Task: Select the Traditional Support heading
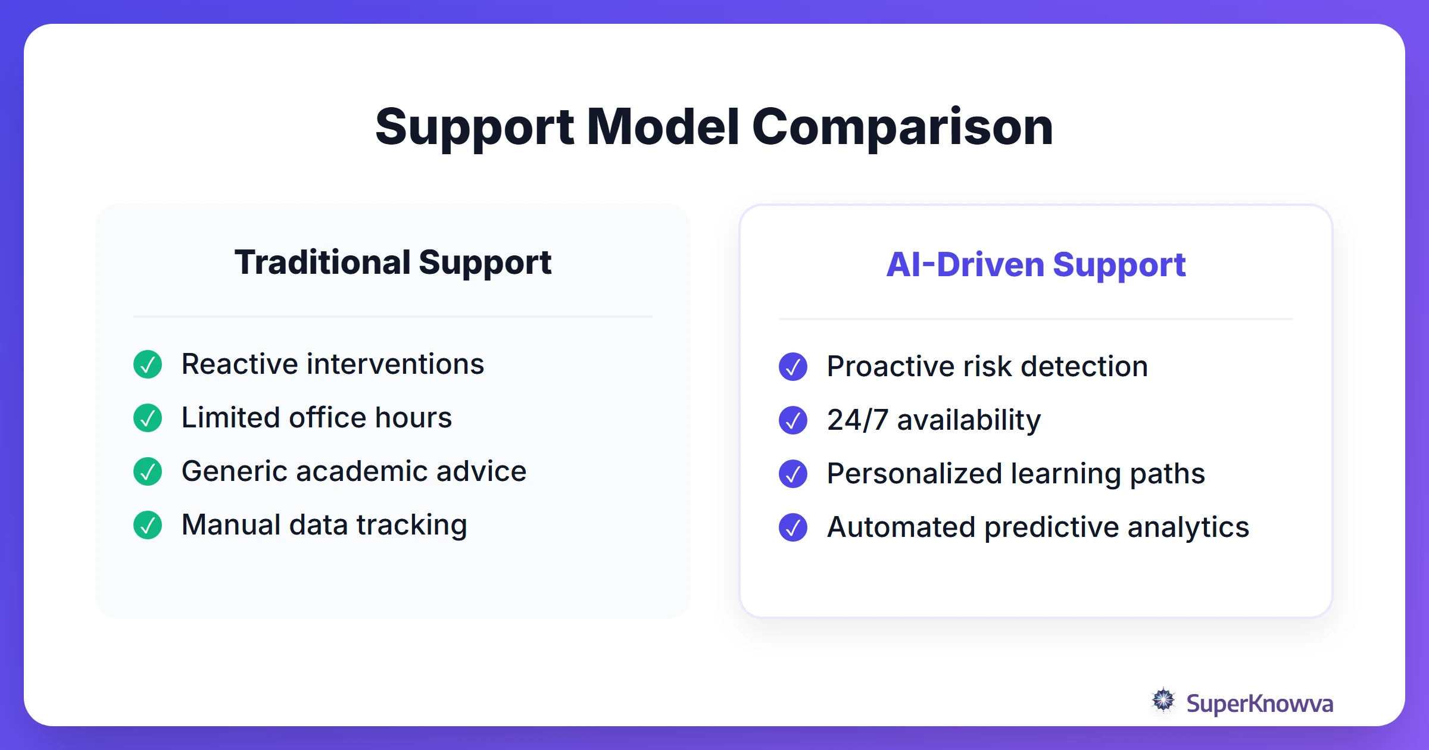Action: pyautogui.click(x=393, y=262)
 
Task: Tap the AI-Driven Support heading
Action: pyautogui.click(x=1035, y=265)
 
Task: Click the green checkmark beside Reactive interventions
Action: pyautogui.click(x=148, y=364)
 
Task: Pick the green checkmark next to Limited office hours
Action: pyautogui.click(x=148, y=418)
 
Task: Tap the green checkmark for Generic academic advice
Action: pyautogui.click(x=148, y=471)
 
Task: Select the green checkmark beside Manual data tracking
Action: pyautogui.click(x=148, y=525)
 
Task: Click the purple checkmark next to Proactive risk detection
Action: pyautogui.click(x=793, y=367)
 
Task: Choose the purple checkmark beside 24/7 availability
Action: pyautogui.click(x=793, y=420)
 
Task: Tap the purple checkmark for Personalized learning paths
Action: pyautogui.click(x=793, y=474)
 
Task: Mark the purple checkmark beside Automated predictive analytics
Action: pyautogui.click(x=793, y=527)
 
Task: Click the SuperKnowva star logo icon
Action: pyautogui.click(x=1163, y=700)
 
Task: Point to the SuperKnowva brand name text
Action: pyautogui.click(x=1259, y=704)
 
